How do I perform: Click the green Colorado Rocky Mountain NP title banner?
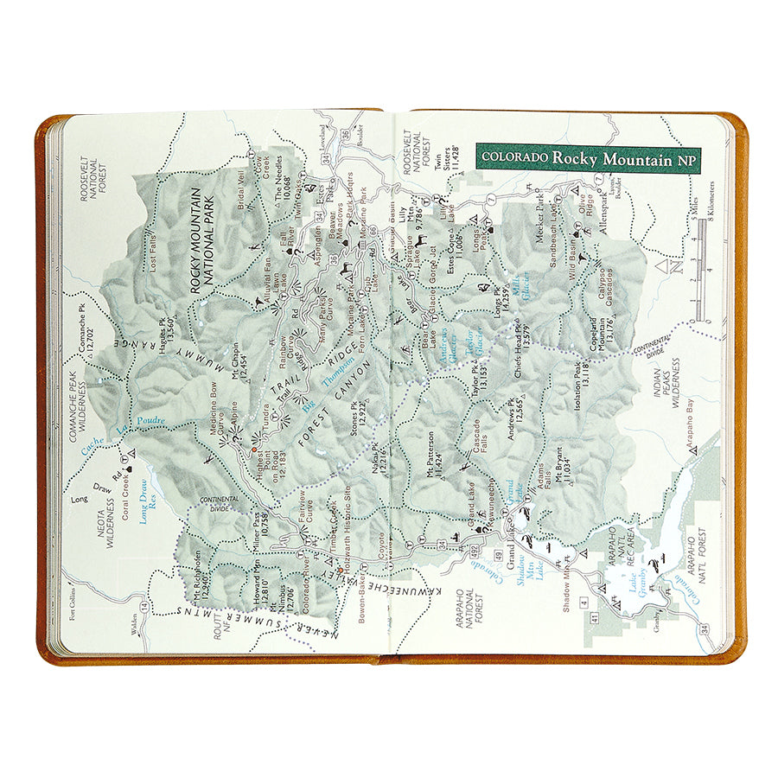[587, 158]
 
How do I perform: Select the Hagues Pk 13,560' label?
[166, 333]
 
